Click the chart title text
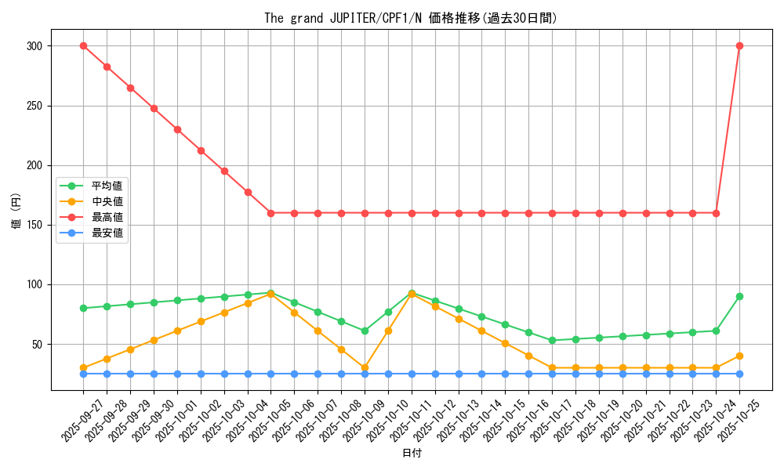(x=411, y=18)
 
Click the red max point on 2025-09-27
(x=83, y=45)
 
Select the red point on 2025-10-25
(x=739, y=45)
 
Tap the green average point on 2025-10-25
(x=739, y=296)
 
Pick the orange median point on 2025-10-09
(x=365, y=367)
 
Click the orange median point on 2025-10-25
(x=739, y=356)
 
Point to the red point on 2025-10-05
(x=270, y=213)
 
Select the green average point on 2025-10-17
(x=552, y=340)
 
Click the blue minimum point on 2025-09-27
(x=83, y=374)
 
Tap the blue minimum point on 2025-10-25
(x=739, y=374)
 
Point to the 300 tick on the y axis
(x=34, y=46)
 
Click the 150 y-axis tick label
(x=34, y=225)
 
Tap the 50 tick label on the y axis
(x=37, y=345)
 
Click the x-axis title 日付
(x=412, y=454)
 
